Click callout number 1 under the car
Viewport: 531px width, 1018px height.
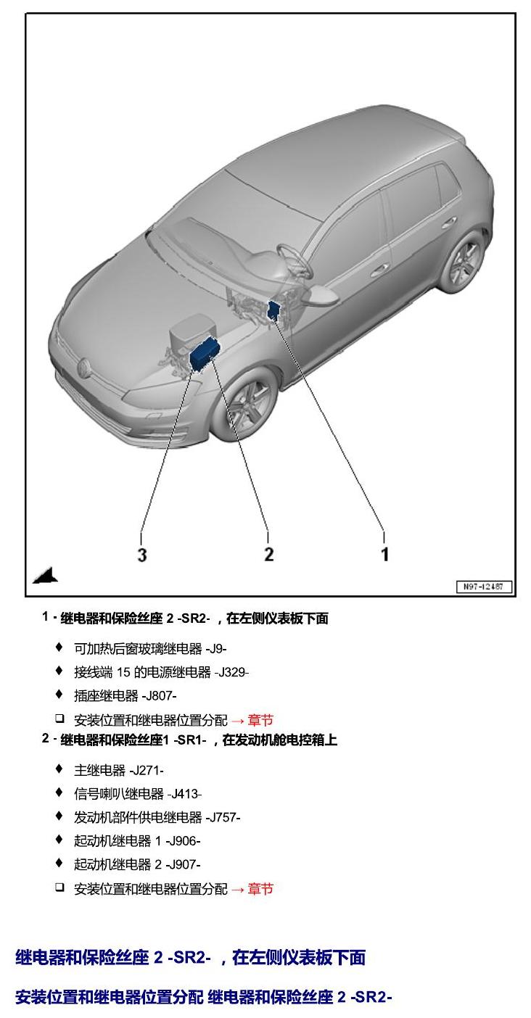pyautogui.click(x=384, y=554)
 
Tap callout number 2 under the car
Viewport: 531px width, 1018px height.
pyautogui.click(x=268, y=554)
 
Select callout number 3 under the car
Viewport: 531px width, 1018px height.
pyautogui.click(x=142, y=555)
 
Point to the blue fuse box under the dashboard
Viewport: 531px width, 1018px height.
pyautogui.click(x=275, y=310)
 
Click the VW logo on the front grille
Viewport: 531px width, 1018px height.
pyautogui.click(x=83, y=367)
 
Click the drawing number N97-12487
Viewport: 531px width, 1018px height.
pyautogui.click(x=484, y=587)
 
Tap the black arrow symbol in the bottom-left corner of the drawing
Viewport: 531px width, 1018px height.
pyautogui.click(x=45, y=576)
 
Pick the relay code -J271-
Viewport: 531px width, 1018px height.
pyautogui.click(x=147, y=770)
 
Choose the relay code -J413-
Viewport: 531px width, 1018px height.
pyautogui.click(x=184, y=794)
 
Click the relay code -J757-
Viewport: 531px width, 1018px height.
pyautogui.click(x=223, y=818)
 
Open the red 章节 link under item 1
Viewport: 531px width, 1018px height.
pyautogui.click(x=260, y=720)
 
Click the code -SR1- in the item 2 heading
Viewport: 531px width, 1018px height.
pyautogui.click(x=189, y=740)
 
